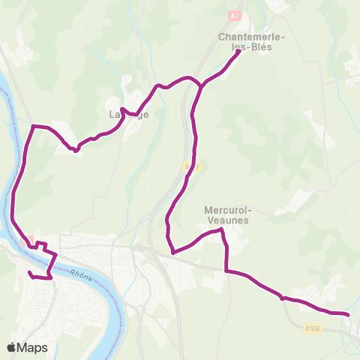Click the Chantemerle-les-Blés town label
[x=244, y=40]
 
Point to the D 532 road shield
[x=313, y=328]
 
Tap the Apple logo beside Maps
[x=11, y=347]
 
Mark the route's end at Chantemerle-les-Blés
[x=238, y=51]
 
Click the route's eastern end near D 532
[x=348, y=314]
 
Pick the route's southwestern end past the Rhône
[x=29, y=273]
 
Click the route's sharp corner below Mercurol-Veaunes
[x=226, y=270]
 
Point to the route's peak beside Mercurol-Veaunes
[x=221, y=231]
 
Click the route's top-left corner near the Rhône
[x=33, y=127]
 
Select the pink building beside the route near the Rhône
[x=31, y=240]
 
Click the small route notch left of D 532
[x=283, y=298]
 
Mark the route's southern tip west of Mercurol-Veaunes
[x=172, y=252]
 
